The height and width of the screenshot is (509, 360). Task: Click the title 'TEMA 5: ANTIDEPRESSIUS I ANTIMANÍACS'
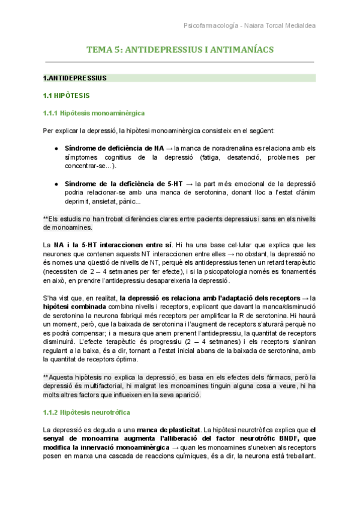pyautogui.click(x=180, y=50)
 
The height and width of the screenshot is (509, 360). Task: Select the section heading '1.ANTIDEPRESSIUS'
pyautogui.click(x=75, y=78)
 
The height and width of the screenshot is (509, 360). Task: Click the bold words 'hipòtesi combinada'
pyautogui.click(x=71, y=307)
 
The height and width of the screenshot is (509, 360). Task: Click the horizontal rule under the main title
pyautogui.click(x=180, y=62)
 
